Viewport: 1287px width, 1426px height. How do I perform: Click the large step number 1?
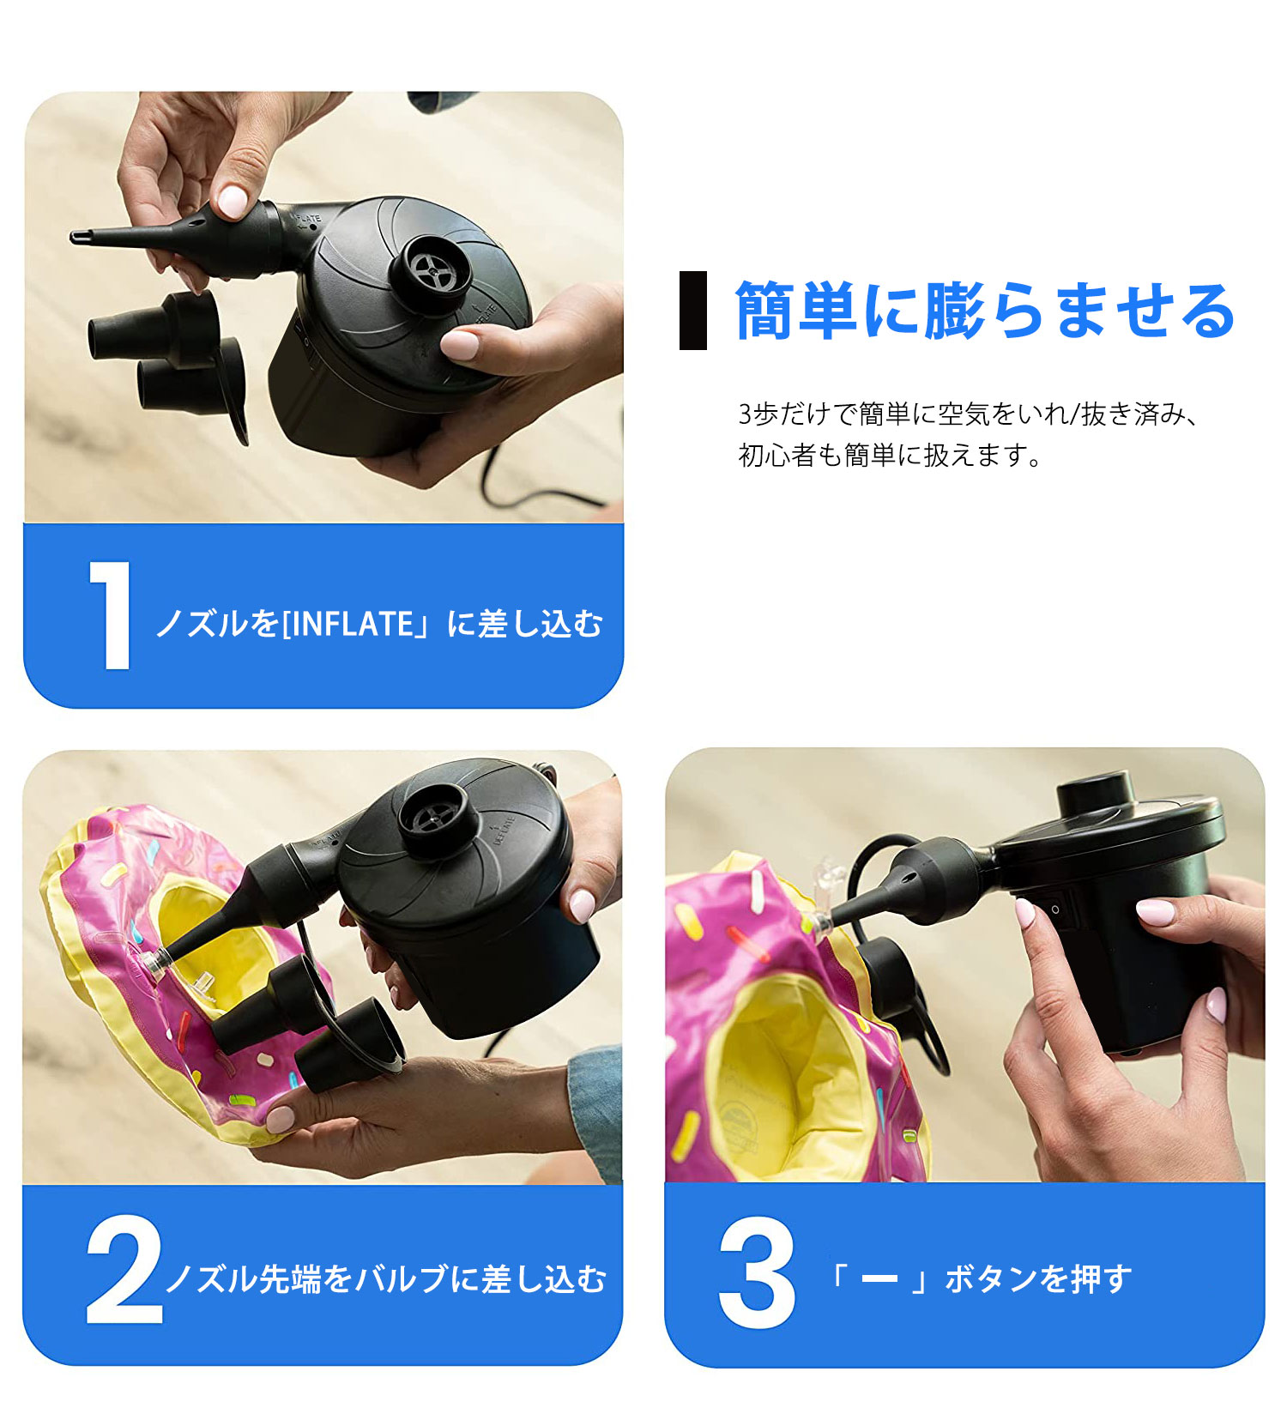click(110, 615)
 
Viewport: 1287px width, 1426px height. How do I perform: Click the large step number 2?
click(124, 1271)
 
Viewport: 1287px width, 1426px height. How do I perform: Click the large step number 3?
click(757, 1272)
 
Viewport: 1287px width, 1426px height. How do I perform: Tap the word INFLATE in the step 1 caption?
click(353, 624)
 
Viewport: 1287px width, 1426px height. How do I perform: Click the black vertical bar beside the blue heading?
click(693, 311)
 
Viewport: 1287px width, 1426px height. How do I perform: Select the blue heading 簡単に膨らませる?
click(985, 311)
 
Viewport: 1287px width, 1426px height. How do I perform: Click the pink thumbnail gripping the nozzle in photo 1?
click(232, 202)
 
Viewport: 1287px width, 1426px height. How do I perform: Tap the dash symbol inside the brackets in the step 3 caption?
click(879, 1279)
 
